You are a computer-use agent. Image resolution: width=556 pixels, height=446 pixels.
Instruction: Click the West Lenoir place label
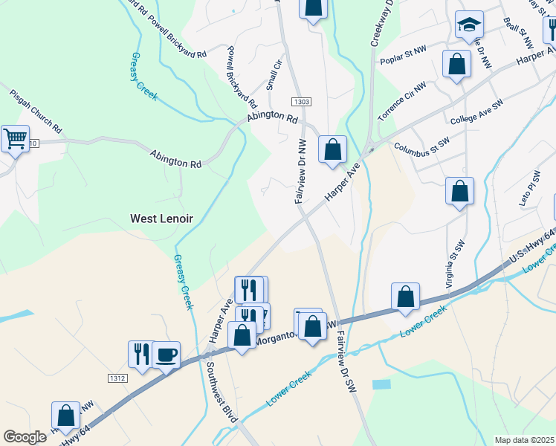(161, 219)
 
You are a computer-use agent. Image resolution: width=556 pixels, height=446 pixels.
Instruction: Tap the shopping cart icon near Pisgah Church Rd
(15, 138)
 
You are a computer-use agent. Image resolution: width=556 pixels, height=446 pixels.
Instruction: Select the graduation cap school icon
(469, 25)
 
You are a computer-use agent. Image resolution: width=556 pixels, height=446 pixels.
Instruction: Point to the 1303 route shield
(301, 101)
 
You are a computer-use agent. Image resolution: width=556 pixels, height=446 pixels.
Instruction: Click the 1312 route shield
(117, 378)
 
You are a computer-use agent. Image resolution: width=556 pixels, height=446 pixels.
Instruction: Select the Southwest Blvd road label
(221, 392)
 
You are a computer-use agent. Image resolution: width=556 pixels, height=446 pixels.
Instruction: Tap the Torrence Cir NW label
(401, 102)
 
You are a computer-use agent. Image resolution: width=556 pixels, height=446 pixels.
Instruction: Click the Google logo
(25, 437)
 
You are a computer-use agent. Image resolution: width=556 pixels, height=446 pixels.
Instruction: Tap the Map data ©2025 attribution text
(523, 440)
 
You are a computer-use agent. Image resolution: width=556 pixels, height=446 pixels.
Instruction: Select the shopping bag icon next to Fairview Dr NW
(332, 149)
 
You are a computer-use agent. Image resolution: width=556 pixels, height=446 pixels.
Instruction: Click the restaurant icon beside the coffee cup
(140, 354)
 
